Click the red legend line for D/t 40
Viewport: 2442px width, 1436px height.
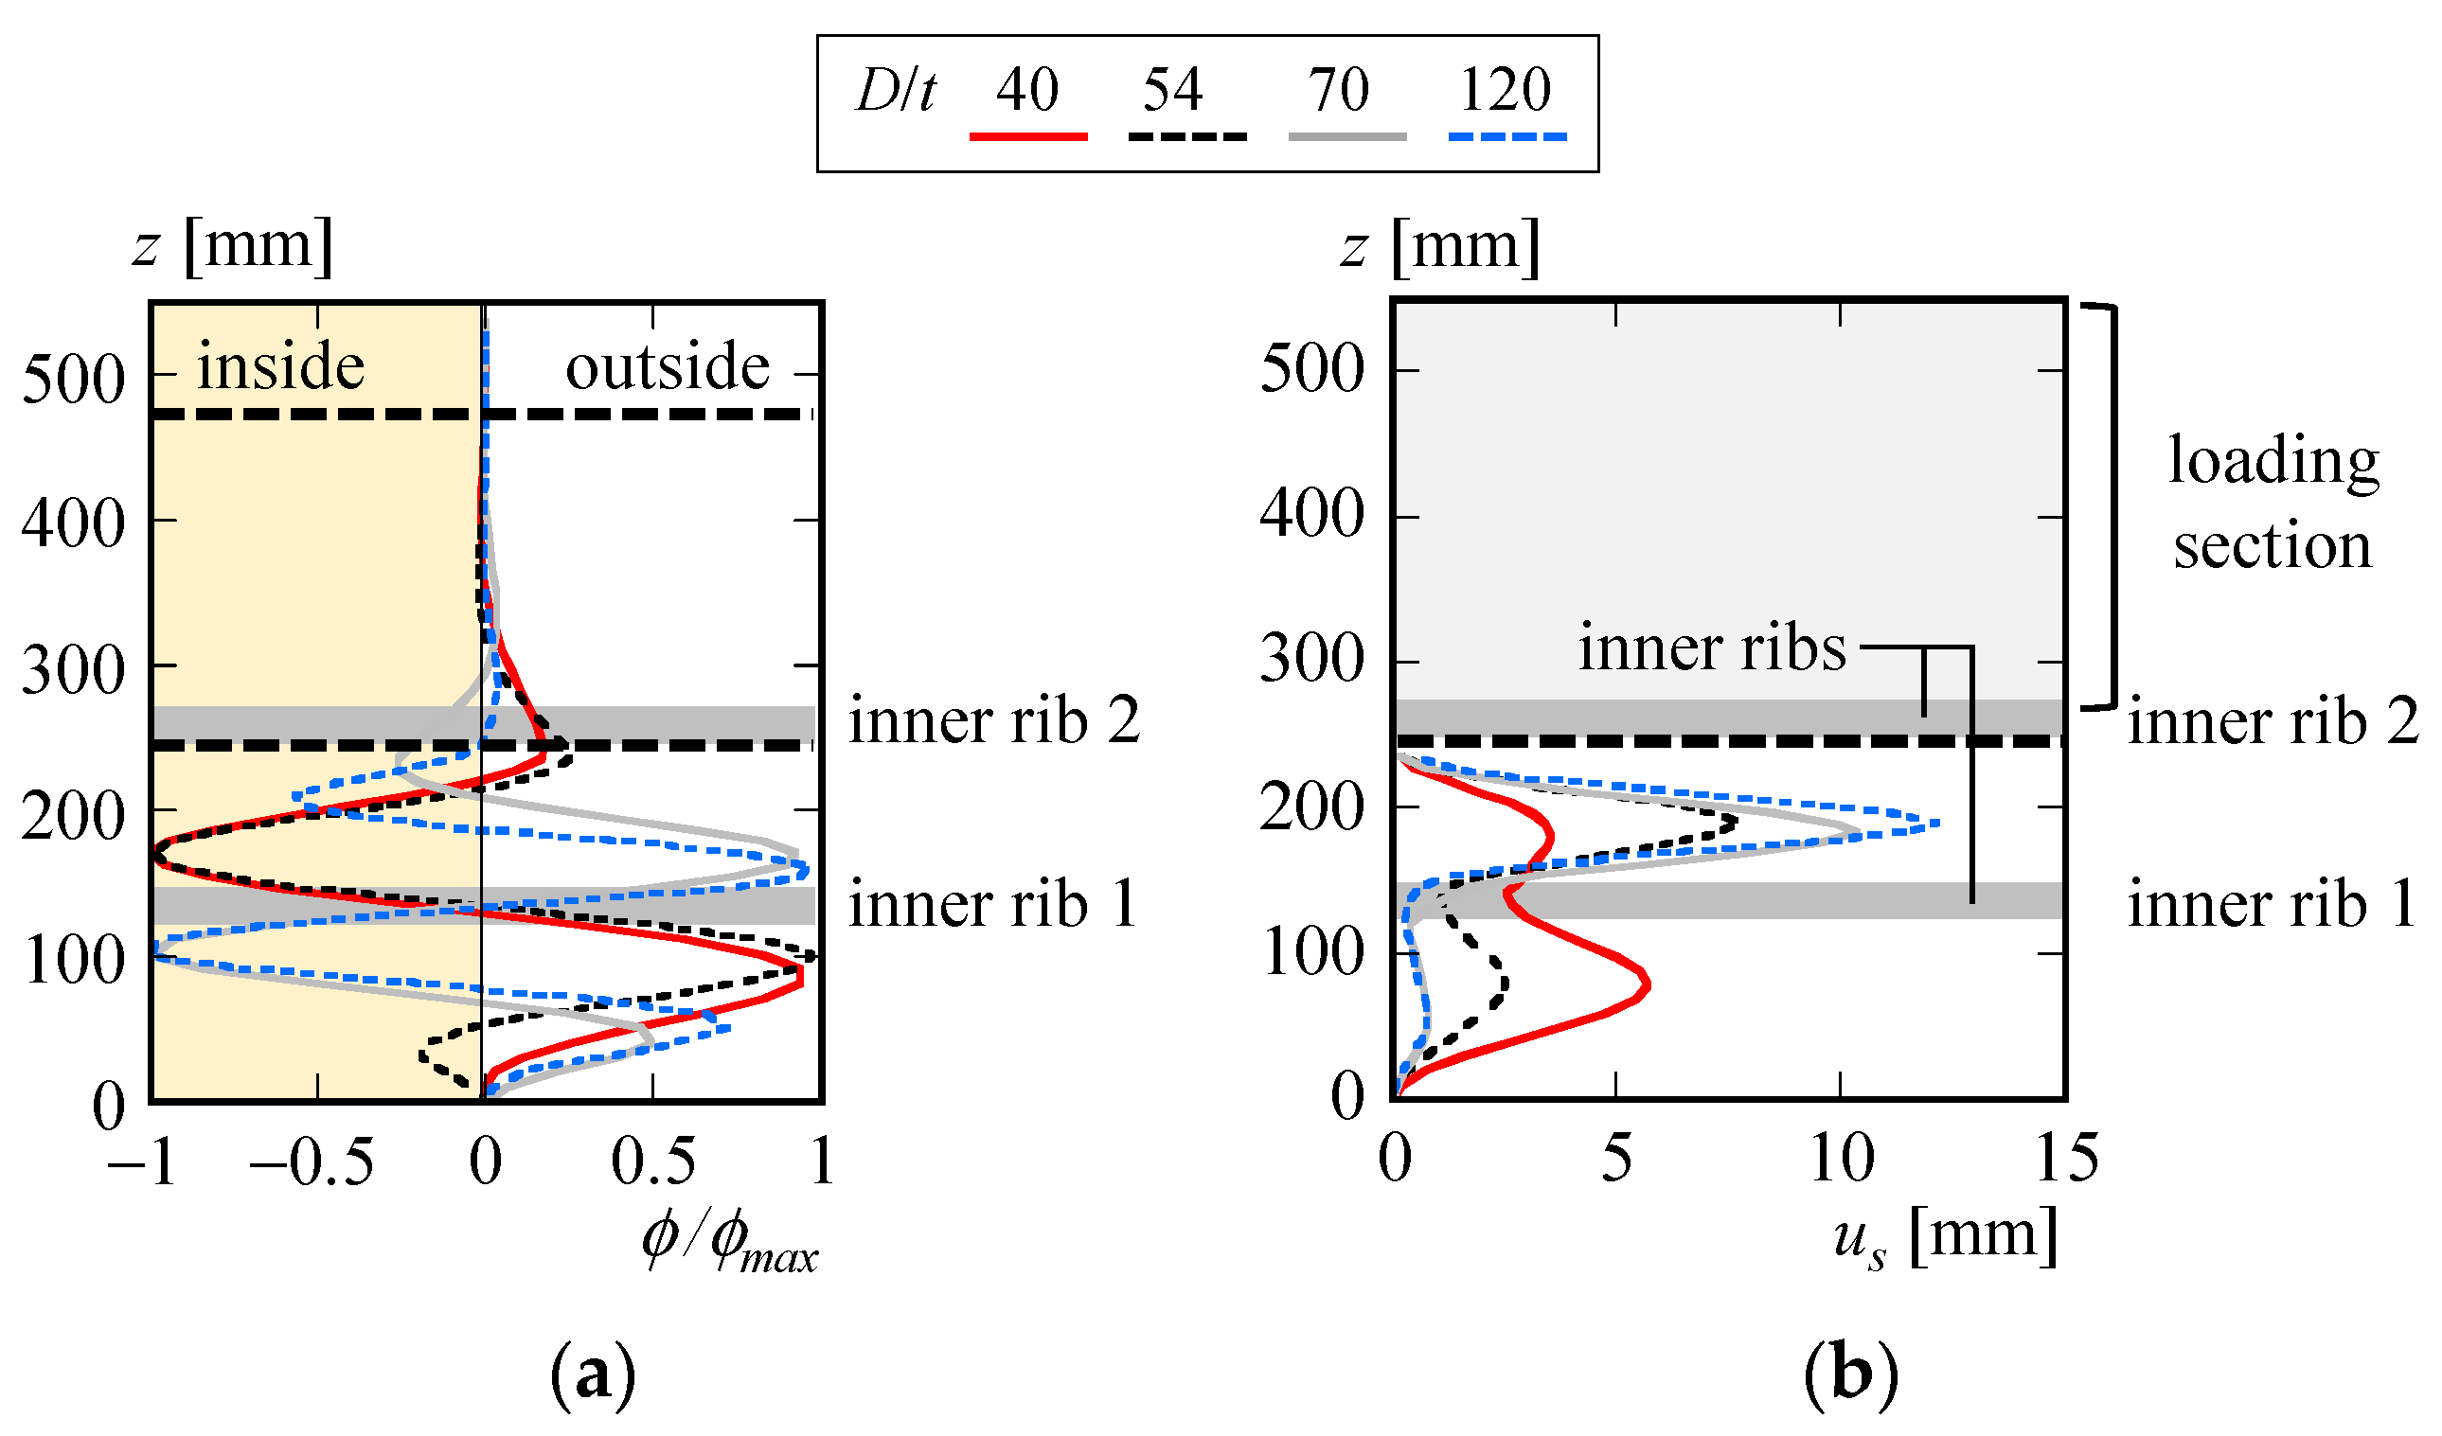[x=1028, y=137]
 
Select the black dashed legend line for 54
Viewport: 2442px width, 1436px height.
[x=1187, y=137]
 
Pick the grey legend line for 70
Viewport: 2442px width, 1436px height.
[x=1347, y=137]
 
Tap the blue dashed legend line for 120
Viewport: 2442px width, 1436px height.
[x=1506, y=137]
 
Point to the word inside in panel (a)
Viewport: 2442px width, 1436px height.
[x=281, y=367]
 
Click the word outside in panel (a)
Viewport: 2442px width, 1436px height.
[x=668, y=367]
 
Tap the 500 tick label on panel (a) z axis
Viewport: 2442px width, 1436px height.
[x=74, y=379]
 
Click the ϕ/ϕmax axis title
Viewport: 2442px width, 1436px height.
[x=730, y=1244]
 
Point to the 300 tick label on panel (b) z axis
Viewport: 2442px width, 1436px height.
[x=1311, y=661]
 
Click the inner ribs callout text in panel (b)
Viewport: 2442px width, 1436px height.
[x=1712, y=647]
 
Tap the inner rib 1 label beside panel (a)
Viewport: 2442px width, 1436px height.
[x=993, y=905]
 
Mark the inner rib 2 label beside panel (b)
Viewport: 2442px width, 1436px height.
[x=2273, y=722]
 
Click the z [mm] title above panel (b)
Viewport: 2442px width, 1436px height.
[x=1440, y=246]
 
